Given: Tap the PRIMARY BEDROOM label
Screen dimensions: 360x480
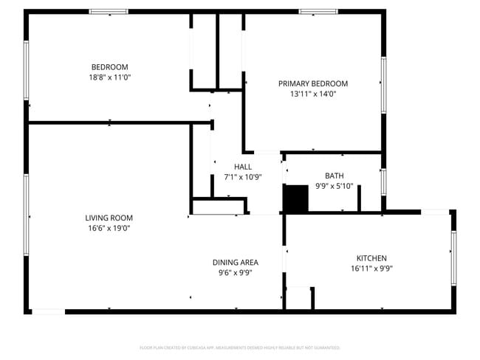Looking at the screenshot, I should [x=312, y=83].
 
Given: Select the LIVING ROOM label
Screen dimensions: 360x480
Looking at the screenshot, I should [x=109, y=218].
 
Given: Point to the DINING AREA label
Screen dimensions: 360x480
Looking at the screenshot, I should [x=235, y=262].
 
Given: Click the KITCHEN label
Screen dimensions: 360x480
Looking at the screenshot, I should [x=371, y=257].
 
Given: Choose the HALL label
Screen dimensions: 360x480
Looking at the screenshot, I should [x=243, y=167].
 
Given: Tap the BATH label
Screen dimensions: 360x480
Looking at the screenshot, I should [x=335, y=176].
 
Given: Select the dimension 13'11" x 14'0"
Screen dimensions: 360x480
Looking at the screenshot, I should [x=312, y=94].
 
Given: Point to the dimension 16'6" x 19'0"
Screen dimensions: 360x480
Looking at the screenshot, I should [x=109, y=228].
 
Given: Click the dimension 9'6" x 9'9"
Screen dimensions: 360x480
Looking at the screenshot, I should [x=235, y=272].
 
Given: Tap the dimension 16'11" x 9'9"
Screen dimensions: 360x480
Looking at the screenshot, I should [x=371, y=269].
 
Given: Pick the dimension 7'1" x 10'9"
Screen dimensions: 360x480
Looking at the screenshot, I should [x=243, y=177].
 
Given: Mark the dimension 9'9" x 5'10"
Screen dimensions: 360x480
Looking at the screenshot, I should [x=335, y=186].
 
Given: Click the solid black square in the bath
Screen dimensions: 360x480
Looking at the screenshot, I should [x=296, y=198].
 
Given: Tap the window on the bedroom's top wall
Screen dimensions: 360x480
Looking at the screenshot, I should [x=109, y=12].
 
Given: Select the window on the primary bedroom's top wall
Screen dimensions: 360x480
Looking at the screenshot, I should [x=318, y=12].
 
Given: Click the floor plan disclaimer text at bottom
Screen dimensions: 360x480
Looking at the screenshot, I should [x=239, y=347].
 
